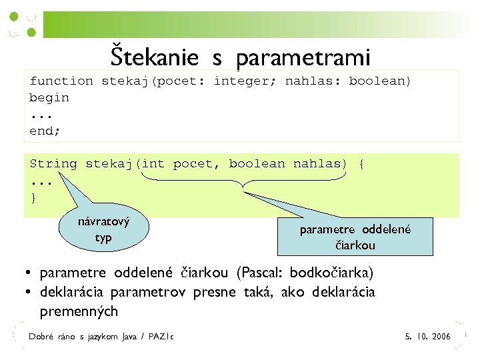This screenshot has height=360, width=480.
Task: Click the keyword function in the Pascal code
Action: [x=61, y=81]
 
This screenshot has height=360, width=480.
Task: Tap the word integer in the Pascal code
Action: [x=246, y=81]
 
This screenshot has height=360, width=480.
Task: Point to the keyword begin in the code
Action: [x=49, y=97]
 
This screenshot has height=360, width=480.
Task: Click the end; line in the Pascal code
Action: [x=45, y=131]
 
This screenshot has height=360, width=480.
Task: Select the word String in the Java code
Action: [x=53, y=163]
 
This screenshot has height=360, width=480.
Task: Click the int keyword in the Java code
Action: [x=153, y=163]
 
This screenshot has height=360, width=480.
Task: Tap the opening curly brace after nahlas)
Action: [x=361, y=163]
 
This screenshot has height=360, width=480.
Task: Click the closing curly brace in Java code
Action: [x=33, y=197]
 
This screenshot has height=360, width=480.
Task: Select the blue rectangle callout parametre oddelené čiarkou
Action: [x=355, y=237]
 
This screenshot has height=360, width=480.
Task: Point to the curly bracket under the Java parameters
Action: [x=244, y=181]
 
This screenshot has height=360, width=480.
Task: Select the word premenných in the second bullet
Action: [x=79, y=311]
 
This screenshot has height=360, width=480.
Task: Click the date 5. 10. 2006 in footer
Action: [x=428, y=337]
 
